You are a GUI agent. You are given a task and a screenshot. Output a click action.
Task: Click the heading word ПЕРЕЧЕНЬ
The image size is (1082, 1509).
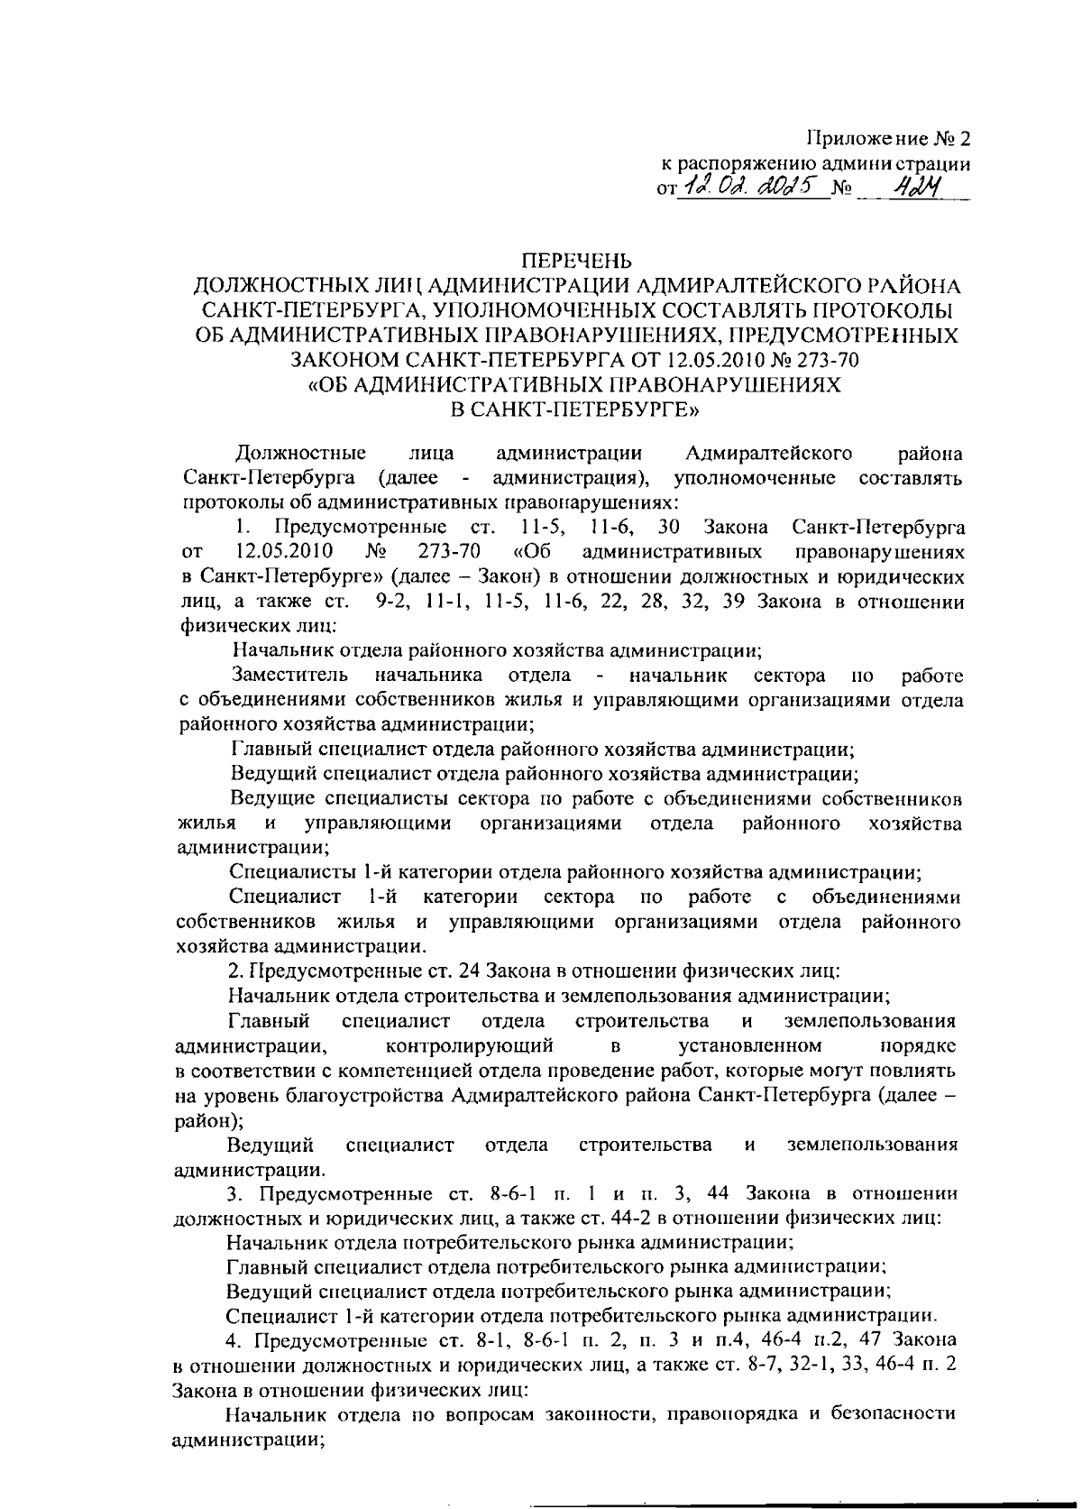pyautogui.click(x=578, y=262)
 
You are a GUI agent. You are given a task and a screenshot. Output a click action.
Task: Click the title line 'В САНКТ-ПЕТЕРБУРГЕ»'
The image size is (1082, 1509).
pyautogui.click(x=578, y=409)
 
